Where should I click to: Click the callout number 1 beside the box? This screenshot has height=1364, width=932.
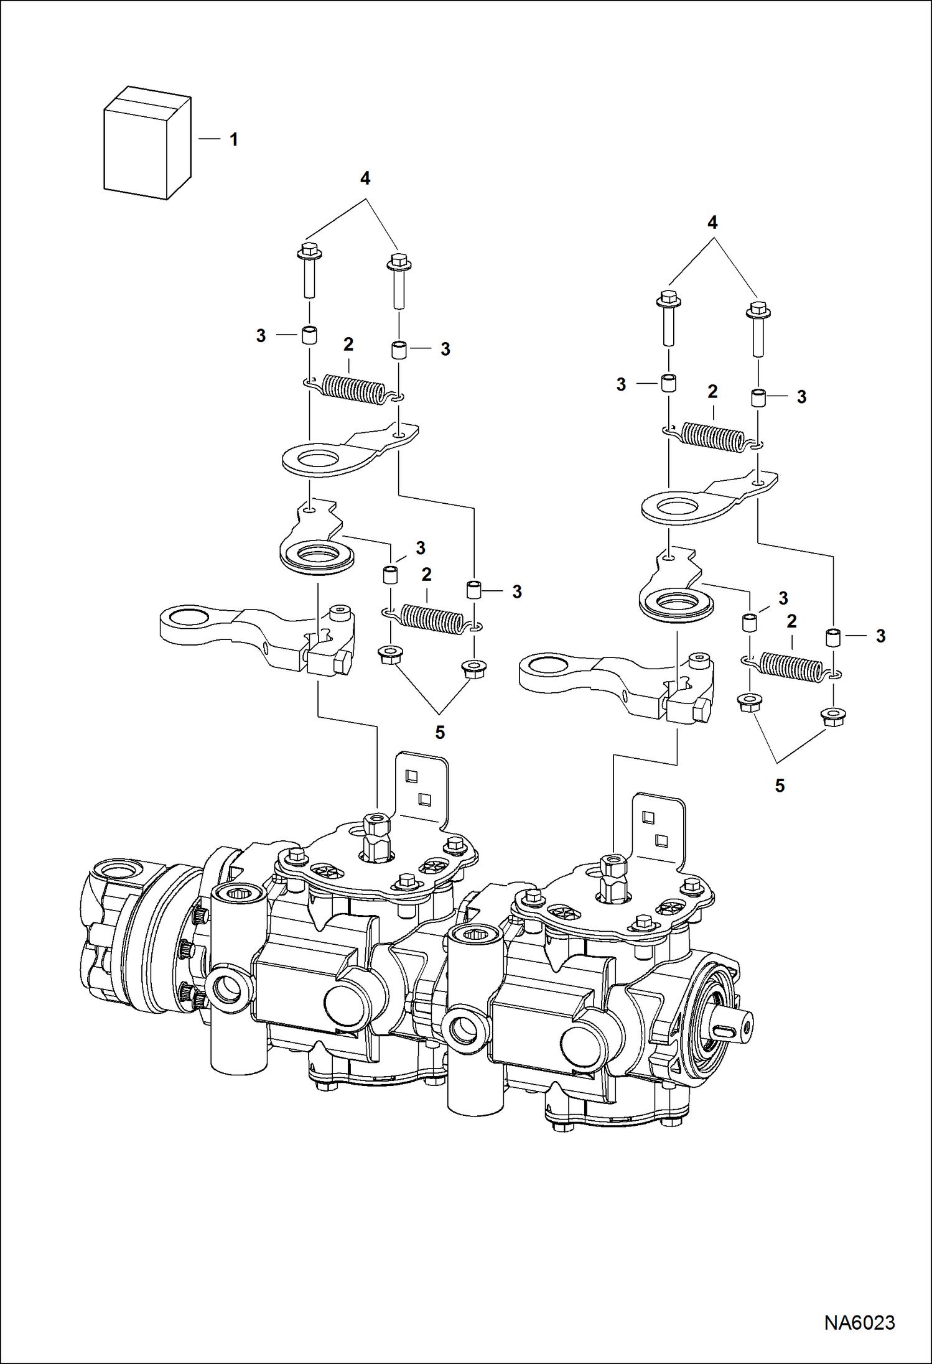pyautogui.click(x=234, y=140)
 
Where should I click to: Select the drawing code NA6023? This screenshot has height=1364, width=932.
pyautogui.click(x=859, y=1322)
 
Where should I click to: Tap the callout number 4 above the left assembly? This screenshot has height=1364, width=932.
pyautogui.click(x=365, y=179)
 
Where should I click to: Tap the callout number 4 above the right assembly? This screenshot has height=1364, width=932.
pyautogui.click(x=712, y=223)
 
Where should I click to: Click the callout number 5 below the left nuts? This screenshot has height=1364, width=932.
pyautogui.click(x=440, y=733)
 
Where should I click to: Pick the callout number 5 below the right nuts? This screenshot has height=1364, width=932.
pyautogui.click(x=780, y=786)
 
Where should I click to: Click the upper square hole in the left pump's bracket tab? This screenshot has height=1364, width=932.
pyautogui.click(x=411, y=776)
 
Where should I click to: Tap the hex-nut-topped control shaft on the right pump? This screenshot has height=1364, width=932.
pyautogui.click(x=610, y=881)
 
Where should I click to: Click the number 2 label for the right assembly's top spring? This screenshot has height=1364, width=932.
pyautogui.click(x=712, y=392)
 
